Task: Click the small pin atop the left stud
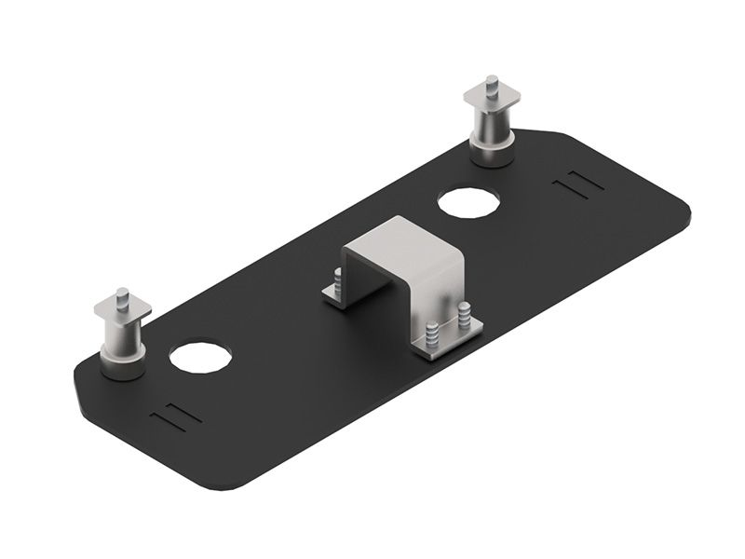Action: pyautogui.click(x=123, y=295)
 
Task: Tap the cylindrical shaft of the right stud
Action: pyautogui.click(x=494, y=121)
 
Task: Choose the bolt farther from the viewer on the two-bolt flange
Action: pyautogui.click(x=463, y=315)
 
